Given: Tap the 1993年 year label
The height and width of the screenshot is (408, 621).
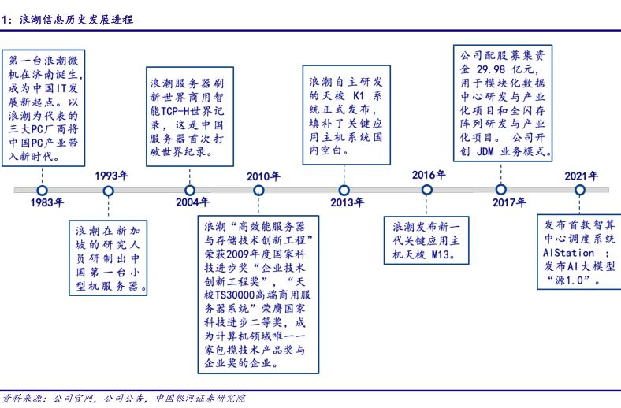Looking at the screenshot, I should pyautogui.click(x=112, y=176).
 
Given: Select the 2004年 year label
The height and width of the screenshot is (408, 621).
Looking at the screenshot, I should pyautogui.click(x=192, y=203).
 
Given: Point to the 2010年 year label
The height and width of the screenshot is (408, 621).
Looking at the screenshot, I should pyautogui.click(x=263, y=176).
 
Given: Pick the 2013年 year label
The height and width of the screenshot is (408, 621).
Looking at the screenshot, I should pyautogui.click(x=347, y=203).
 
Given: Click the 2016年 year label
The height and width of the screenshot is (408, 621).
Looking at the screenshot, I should pyautogui.click(x=429, y=175).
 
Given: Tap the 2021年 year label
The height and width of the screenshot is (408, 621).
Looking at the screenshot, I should pyautogui.click(x=581, y=176).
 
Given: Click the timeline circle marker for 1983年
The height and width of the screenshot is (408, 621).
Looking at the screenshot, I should pyautogui.click(x=43, y=190).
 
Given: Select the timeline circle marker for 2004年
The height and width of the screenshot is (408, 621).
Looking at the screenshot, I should pyautogui.click(x=190, y=190).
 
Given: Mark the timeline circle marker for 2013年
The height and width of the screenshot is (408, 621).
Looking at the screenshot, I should pyautogui.click(x=344, y=190).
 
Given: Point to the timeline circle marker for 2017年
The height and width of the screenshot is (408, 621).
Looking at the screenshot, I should pyautogui.click(x=500, y=190).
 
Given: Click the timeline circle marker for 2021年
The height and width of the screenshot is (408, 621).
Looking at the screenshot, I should pyautogui.click(x=580, y=190).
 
